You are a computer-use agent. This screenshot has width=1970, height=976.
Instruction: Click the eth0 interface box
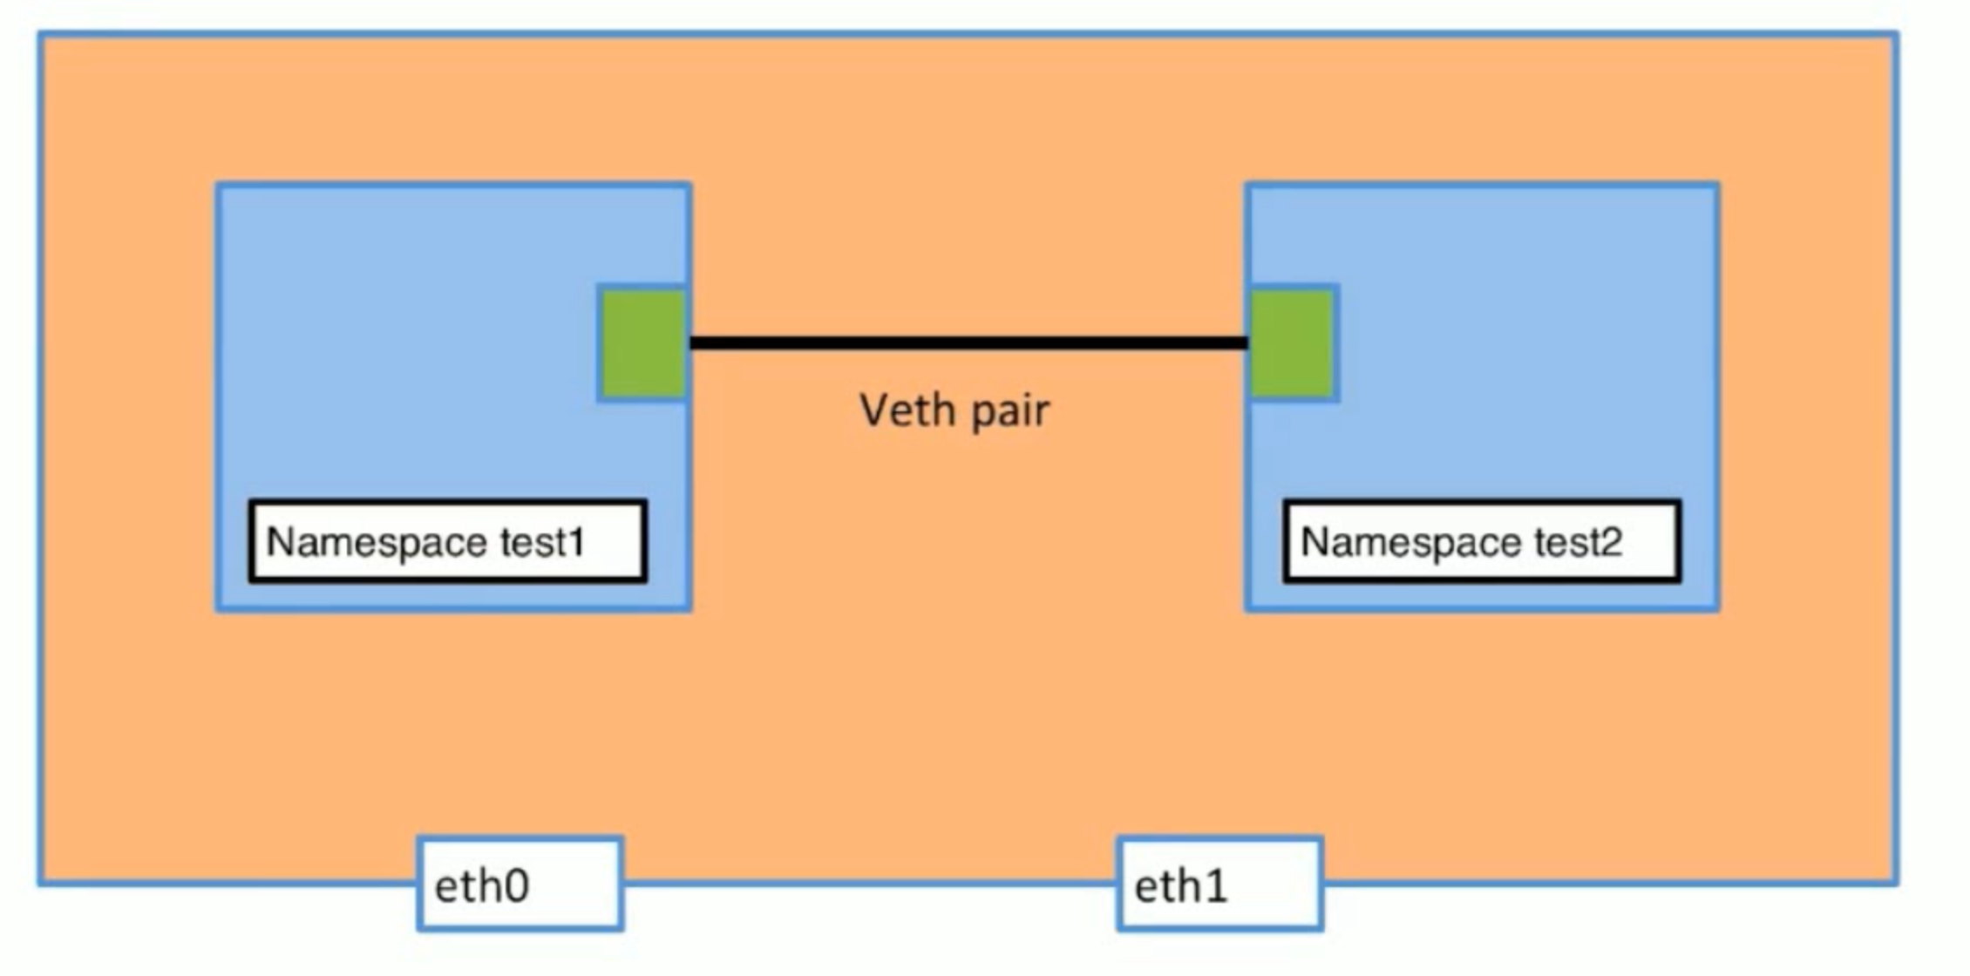520,884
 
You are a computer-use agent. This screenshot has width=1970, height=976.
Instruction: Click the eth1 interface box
1219,884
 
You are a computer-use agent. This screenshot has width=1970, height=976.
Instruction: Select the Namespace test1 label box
447,540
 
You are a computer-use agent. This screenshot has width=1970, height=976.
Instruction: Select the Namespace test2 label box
1481,540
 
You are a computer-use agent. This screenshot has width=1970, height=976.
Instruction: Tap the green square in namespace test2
1293,343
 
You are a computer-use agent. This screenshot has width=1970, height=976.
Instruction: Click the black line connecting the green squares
968,343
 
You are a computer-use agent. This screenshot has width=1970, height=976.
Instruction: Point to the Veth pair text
954,410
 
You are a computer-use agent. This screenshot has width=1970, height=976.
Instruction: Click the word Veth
907,409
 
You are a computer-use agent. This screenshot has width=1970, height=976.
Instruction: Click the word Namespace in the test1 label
377,542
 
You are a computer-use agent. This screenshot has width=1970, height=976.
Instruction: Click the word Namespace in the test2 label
1412,542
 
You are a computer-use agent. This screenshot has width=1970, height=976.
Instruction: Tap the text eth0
481,886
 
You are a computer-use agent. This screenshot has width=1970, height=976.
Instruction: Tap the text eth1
1180,886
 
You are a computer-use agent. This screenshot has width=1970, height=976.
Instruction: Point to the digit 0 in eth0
514,887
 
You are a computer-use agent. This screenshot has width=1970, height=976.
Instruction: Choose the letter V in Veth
875,409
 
